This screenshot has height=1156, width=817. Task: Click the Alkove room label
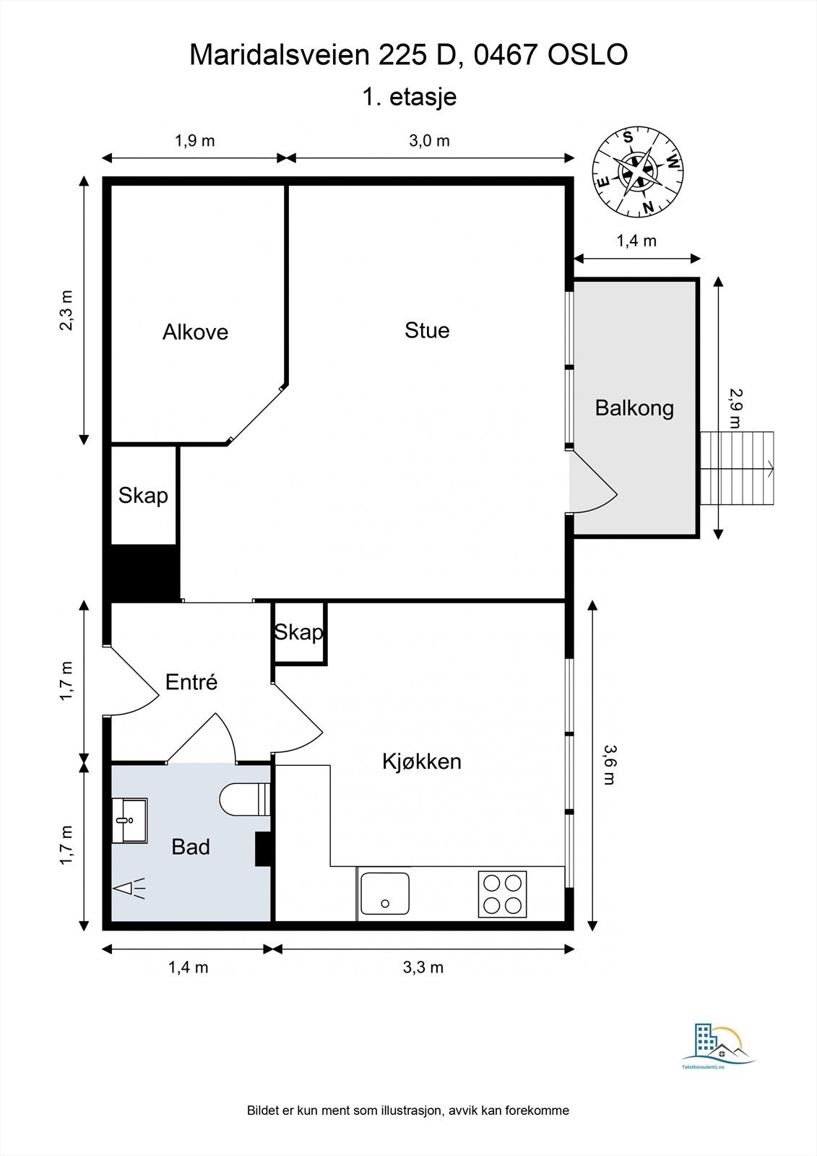click(x=195, y=332)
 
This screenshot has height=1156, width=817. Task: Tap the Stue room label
click(x=427, y=330)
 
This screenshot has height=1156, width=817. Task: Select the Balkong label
click(x=634, y=408)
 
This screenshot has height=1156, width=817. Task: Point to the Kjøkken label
click(x=422, y=762)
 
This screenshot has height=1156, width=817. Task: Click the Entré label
click(x=191, y=682)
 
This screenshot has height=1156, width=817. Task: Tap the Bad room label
click(x=191, y=847)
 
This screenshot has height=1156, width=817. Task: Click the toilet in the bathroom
click(x=245, y=799)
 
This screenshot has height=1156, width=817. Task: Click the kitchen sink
click(x=385, y=893)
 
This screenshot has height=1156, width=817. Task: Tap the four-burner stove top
click(x=502, y=894)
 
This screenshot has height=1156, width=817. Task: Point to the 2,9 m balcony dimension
click(x=735, y=408)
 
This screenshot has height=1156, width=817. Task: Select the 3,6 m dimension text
click(x=609, y=765)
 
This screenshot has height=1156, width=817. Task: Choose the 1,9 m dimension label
click(x=194, y=140)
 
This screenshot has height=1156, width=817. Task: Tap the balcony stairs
click(x=738, y=469)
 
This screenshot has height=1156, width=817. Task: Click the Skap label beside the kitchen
click(x=298, y=631)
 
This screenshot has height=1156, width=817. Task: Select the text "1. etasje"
click(x=410, y=97)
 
